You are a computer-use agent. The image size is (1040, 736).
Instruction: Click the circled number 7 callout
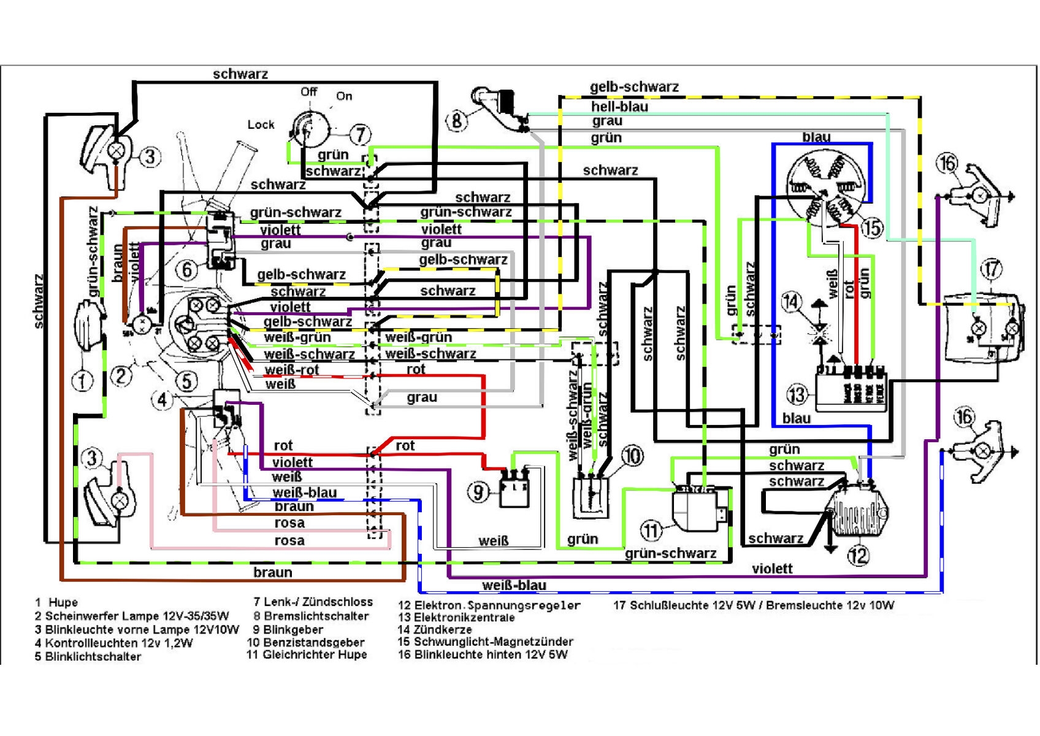[360, 134]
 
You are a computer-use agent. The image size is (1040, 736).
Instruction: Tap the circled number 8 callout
[457, 120]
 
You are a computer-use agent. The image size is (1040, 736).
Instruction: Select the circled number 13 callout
[797, 394]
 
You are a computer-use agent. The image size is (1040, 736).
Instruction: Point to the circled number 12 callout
[858, 556]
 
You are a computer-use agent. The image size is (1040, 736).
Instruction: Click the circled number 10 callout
[632, 456]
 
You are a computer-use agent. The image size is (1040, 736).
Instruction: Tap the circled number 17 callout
[992, 269]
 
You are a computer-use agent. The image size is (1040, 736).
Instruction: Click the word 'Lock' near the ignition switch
[261, 125]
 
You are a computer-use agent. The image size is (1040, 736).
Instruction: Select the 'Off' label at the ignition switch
[308, 92]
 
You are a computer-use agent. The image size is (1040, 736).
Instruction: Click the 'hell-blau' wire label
[619, 107]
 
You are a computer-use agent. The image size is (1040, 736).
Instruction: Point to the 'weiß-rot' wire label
[292, 370]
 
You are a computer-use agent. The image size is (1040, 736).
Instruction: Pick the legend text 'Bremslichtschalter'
[316, 616]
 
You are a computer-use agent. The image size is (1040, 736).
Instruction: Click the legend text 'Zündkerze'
[443, 629]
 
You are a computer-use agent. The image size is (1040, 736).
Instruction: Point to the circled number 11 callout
[651, 531]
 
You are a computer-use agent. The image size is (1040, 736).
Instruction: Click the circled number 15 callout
[872, 228]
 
